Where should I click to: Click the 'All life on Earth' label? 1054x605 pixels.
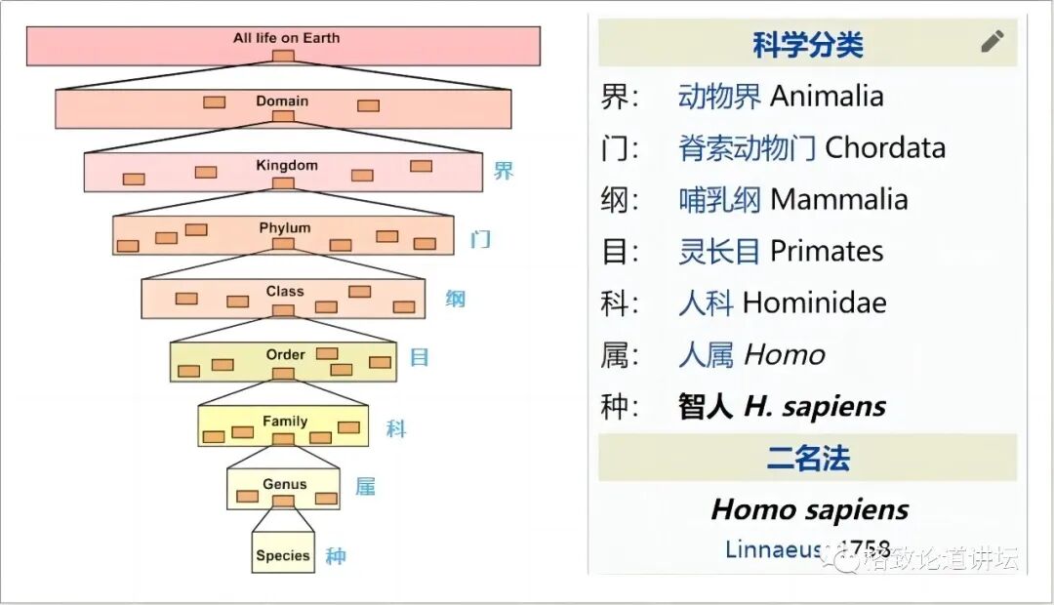(286, 38)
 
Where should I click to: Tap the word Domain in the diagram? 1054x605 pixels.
(282, 101)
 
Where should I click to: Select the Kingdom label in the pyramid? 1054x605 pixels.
(287, 165)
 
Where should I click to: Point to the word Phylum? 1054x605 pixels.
(285, 228)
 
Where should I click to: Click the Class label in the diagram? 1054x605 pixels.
(285, 292)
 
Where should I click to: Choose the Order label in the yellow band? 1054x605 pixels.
(285, 354)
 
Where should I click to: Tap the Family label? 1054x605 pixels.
(285, 422)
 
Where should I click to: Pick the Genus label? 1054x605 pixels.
(284, 484)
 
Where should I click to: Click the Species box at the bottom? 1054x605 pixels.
(283, 555)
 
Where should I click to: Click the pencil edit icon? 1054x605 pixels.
(992, 41)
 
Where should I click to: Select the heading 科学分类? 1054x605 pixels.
(807, 45)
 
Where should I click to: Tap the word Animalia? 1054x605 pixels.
(827, 97)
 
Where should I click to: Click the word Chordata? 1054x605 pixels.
(884, 148)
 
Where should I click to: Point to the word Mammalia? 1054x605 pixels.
(838, 200)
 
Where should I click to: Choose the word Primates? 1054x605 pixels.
(827, 252)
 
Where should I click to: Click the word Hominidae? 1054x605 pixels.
(814, 303)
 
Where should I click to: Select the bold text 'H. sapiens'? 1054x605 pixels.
(815, 407)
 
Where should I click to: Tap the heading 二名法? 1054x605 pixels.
(807, 459)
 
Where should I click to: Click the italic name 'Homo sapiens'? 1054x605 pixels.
(809, 509)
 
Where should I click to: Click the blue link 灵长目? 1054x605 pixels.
(719, 252)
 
